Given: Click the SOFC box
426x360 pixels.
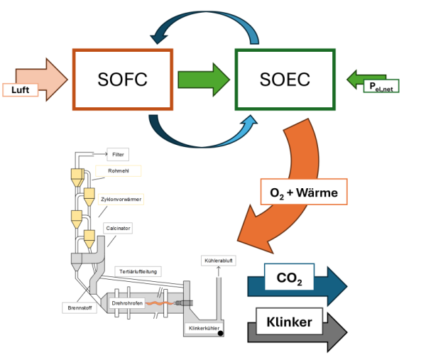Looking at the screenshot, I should pos(122,79).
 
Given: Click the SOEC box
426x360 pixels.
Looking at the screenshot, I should pos(285,79).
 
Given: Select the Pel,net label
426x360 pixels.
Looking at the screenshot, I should pos(381,85).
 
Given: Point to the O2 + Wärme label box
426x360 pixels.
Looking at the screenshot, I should pos(304,192).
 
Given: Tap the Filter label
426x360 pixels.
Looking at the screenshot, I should pos(118,153).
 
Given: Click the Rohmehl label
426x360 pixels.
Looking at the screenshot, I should pos(119,170).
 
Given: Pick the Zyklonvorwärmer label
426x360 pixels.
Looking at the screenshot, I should pos(121,200).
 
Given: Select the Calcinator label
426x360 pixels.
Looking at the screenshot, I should pos(117,228).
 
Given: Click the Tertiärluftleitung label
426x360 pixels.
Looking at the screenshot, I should pos(139,271).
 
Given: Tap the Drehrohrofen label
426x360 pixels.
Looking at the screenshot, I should pos(127,304).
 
